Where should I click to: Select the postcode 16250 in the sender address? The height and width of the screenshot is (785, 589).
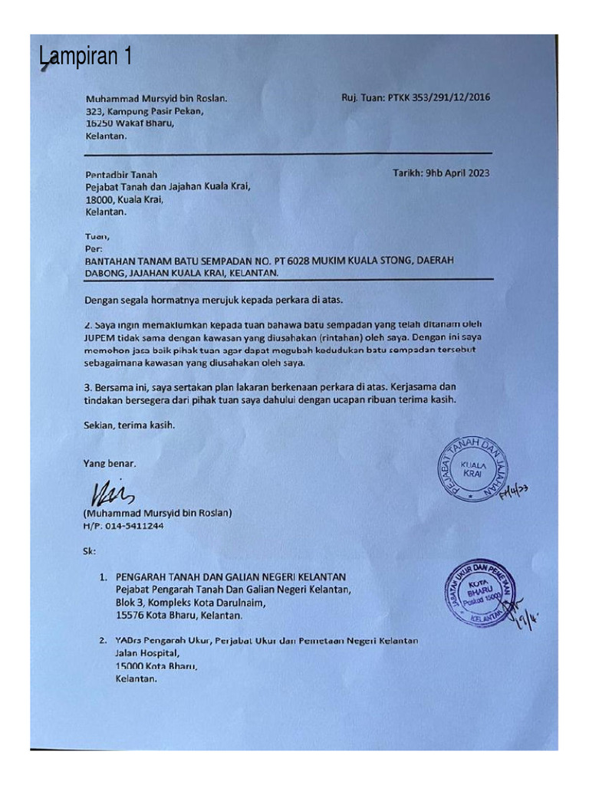[x=99, y=123]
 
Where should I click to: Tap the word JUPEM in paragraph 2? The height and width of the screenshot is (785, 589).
[x=101, y=336]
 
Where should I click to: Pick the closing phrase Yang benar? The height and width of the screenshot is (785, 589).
[x=110, y=463]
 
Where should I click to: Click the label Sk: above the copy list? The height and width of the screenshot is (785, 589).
[x=90, y=551]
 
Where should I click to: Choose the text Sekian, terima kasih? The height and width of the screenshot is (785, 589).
[x=129, y=424]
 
